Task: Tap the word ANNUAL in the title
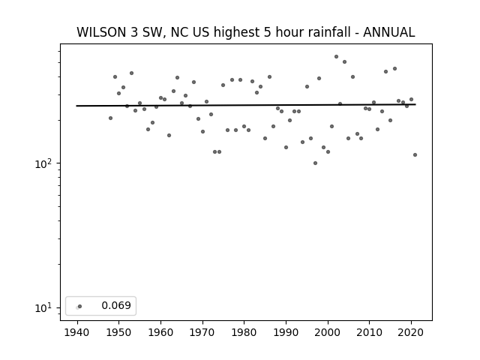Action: [389, 32]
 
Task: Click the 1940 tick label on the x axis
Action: [76, 332]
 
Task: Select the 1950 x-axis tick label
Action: [118, 332]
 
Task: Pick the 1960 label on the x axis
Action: [160, 332]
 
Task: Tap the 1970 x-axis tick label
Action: [202, 332]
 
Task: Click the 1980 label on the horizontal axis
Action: [244, 332]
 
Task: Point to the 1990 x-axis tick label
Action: [286, 332]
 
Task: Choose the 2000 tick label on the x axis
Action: [328, 332]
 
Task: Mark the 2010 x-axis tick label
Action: [370, 332]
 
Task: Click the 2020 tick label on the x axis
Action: [411, 332]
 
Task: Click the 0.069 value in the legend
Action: [116, 305]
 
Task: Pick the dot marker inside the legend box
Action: [80, 306]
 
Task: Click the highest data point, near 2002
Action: [337, 57]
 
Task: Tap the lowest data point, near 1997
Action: [315, 163]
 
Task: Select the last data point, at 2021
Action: [415, 155]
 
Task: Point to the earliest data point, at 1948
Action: [110, 118]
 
